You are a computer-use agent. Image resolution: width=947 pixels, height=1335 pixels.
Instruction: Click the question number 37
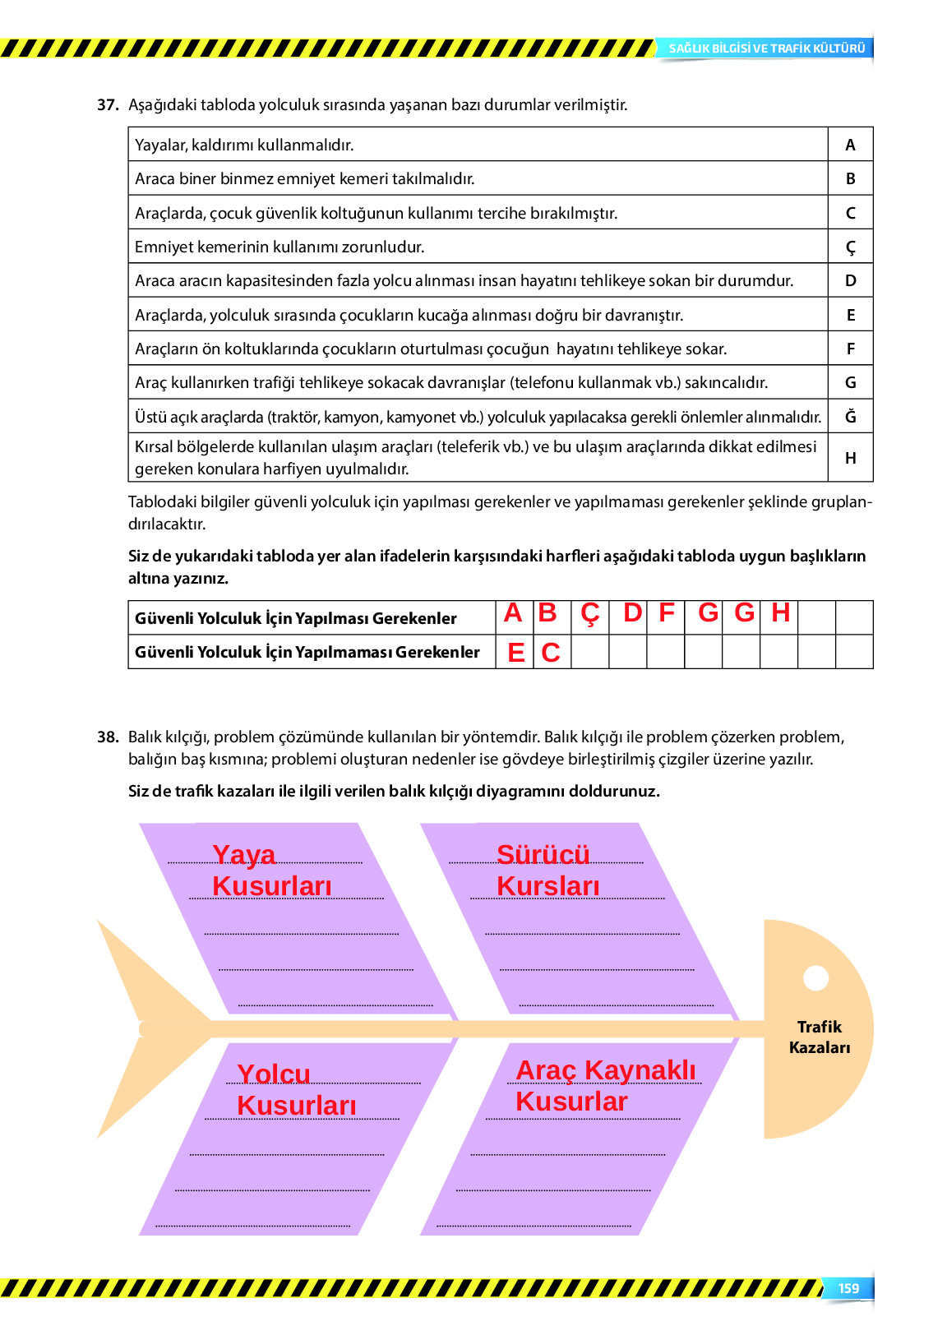(x=108, y=105)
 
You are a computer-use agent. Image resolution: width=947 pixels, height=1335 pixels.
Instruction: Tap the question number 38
(x=108, y=737)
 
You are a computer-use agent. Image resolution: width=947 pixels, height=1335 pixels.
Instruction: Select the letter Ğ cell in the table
(x=850, y=417)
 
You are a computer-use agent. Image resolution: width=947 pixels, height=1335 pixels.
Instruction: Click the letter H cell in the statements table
(x=850, y=459)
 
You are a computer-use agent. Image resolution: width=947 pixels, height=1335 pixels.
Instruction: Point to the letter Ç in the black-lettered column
(x=850, y=247)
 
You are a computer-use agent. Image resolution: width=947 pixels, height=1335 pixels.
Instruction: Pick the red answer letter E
(x=515, y=653)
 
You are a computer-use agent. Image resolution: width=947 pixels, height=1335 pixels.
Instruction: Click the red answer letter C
(x=551, y=653)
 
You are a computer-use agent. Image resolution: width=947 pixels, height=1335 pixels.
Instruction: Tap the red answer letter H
(x=780, y=613)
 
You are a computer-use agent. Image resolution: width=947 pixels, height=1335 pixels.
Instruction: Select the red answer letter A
(x=513, y=613)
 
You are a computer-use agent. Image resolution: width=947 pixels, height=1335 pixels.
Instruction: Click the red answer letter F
(x=667, y=613)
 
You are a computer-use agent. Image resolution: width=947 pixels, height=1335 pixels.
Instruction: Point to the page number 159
(x=848, y=1289)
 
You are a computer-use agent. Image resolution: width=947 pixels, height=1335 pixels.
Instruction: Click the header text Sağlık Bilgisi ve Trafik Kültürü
(x=766, y=49)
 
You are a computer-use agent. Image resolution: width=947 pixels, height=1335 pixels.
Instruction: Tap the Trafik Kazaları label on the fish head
(x=820, y=1037)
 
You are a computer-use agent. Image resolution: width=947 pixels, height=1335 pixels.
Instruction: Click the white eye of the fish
(x=815, y=978)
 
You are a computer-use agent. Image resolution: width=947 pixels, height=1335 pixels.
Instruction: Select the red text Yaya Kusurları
(x=271, y=871)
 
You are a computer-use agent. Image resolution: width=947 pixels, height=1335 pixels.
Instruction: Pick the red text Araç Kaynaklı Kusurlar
(x=605, y=1086)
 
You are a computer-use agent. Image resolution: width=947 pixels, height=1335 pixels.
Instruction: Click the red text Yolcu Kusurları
(x=296, y=1090)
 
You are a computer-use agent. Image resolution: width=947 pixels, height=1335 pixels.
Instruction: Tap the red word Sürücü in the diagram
(x=543, y=855)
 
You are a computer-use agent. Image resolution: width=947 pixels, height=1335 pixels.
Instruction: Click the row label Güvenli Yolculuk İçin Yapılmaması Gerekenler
(x=307, y=653)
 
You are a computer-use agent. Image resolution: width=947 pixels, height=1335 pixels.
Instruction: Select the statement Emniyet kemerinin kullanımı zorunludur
(x=279, y=247)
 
